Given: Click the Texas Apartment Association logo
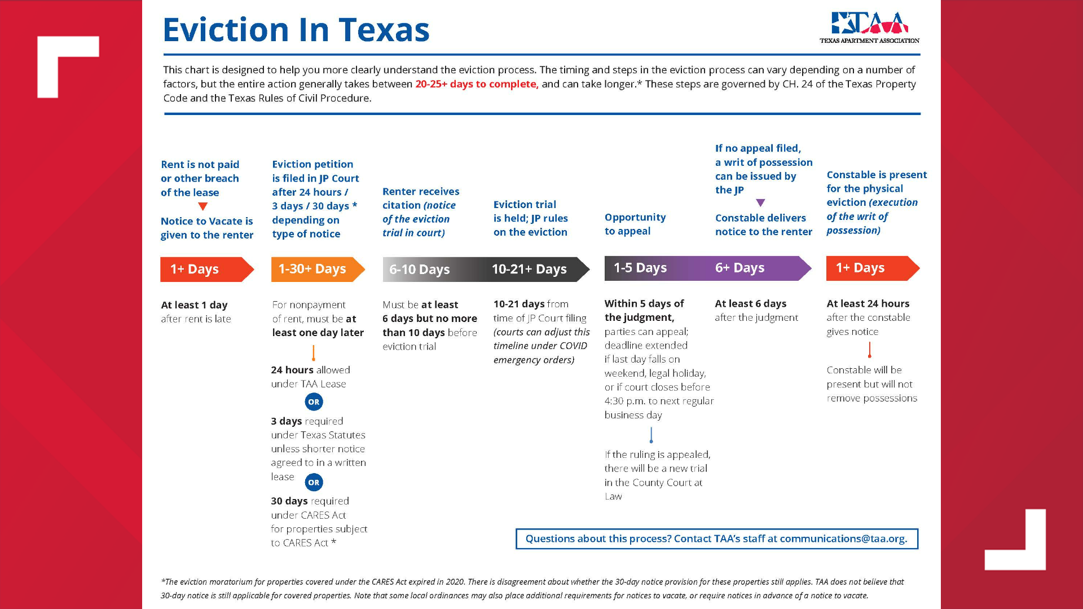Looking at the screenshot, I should (x=869, y=28).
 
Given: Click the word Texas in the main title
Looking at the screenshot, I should (x=384, y=30).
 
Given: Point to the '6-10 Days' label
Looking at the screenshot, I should (x=419, y=270).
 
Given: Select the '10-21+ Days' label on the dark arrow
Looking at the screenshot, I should (x=529, y=270).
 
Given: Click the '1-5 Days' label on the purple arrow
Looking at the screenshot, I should (x=640, y=268).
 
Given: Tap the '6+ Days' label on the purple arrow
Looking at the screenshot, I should (x=739, y=268).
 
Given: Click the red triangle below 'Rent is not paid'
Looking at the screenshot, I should (x=203, y=206).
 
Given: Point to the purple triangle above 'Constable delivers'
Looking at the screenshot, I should (x=760, y=202).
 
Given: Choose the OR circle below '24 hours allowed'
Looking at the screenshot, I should (x=314, y=402).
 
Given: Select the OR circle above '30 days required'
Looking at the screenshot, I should (x=314, y=483).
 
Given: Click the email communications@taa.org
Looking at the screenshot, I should (x=843, y=539).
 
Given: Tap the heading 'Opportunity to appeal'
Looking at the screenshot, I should (x=635, y=224).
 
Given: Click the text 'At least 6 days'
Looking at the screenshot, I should (x=750, y=303).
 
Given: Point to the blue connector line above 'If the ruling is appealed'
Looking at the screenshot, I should (x=651, y=435).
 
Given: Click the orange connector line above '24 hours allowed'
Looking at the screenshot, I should (x=314, y=353).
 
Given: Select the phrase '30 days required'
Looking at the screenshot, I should (x=310, y=501).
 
